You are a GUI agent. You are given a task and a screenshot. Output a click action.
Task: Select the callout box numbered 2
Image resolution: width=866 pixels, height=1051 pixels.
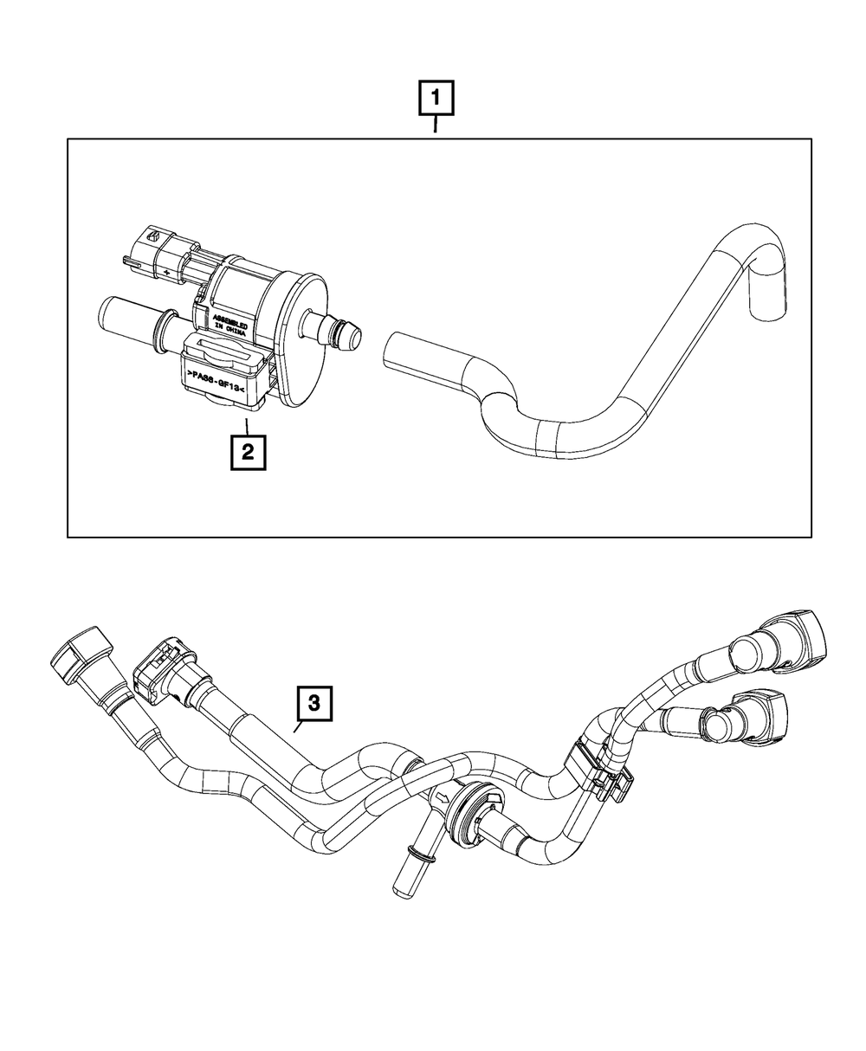click(x=247, y=452)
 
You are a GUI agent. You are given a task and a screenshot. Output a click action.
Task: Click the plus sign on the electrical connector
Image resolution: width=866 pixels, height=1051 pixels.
click(x=165, y=272)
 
